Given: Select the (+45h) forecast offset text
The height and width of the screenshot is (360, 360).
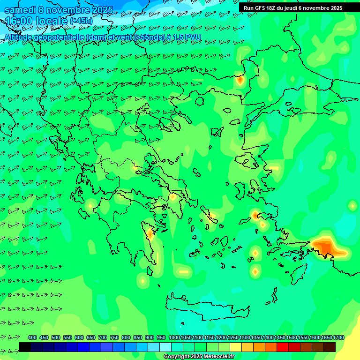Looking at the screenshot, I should coord(81,21).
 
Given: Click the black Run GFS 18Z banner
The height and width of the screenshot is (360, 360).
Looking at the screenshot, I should coord(298,7).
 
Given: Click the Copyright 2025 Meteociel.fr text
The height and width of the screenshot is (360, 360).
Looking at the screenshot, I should coord(199,357).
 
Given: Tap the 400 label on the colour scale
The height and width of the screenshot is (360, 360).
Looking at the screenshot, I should coord(32,337).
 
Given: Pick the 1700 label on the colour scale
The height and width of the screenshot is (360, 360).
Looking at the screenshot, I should coord(338,337).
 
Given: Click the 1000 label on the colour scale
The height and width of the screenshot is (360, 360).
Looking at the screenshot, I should coord(174,337).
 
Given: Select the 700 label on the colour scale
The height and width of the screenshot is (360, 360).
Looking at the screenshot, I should coord(103,337).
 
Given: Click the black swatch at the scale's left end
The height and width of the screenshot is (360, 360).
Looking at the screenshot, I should coord(25,347).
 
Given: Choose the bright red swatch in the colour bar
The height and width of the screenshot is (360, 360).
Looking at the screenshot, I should coord(283,347).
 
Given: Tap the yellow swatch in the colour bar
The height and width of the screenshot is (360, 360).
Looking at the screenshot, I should coord(236,347).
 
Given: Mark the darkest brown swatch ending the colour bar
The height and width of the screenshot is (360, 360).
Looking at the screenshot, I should coord(330,347).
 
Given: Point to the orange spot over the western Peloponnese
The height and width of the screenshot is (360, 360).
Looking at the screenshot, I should coord(150,232).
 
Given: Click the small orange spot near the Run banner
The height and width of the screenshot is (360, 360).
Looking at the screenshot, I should coord(240,80).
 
